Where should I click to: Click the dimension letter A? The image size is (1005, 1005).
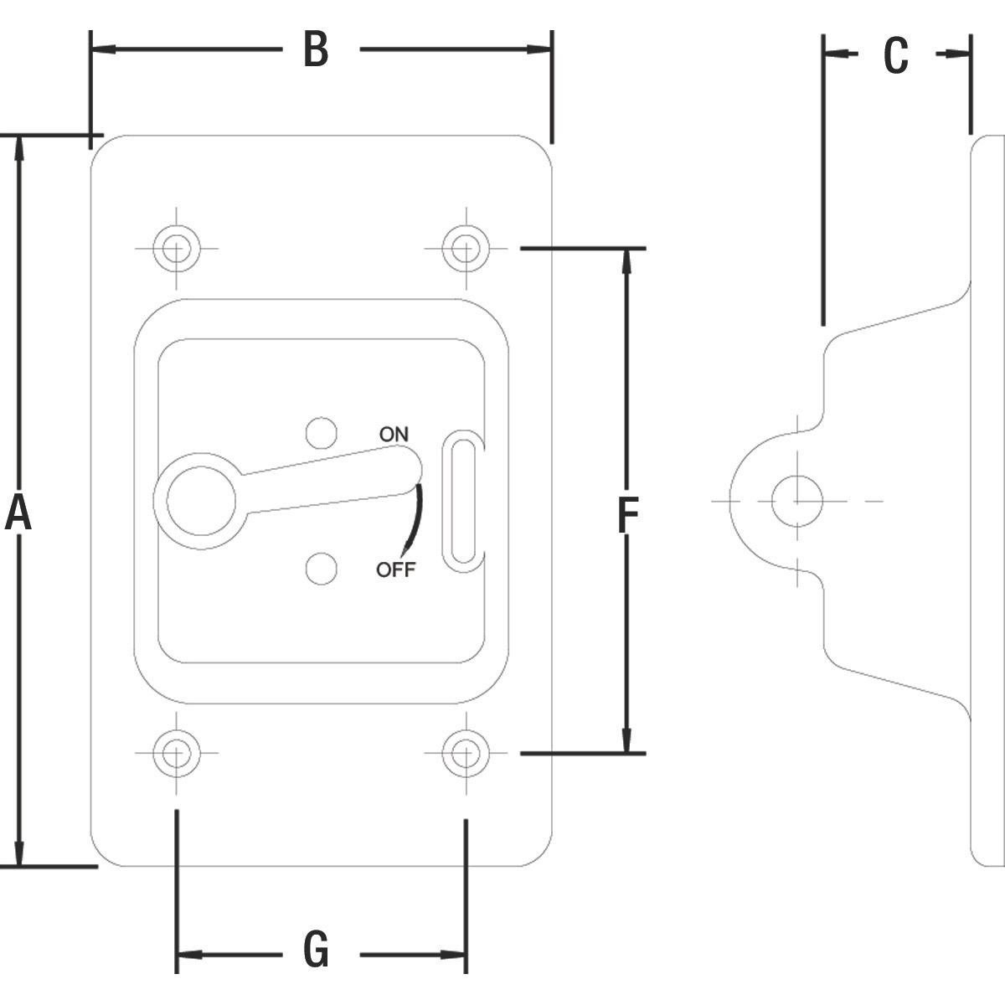coord(18,513)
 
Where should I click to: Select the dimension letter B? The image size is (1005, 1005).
coord(316,50)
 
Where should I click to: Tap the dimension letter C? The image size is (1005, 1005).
coord(895,55)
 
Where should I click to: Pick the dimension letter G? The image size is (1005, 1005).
coord(316,951)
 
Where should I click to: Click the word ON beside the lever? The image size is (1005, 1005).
coord(394,434)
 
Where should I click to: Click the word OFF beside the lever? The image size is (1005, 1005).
coord(395,570)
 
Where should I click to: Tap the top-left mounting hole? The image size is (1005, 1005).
coord(177,248)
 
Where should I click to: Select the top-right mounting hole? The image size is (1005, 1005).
coord(466,248)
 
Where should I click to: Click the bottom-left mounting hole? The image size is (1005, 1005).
coord(177,752)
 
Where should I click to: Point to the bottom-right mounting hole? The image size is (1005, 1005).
coord(466,752)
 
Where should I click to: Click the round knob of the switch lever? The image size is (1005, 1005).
coord(201,500)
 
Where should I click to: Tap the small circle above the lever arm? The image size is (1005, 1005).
coord(321,433)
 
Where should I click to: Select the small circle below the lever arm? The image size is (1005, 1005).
coord(321,569)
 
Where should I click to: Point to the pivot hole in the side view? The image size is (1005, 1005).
coord(796,501)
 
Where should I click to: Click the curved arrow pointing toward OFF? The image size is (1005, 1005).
coord(415,519)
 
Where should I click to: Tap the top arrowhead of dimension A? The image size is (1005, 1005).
coord(19,147)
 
